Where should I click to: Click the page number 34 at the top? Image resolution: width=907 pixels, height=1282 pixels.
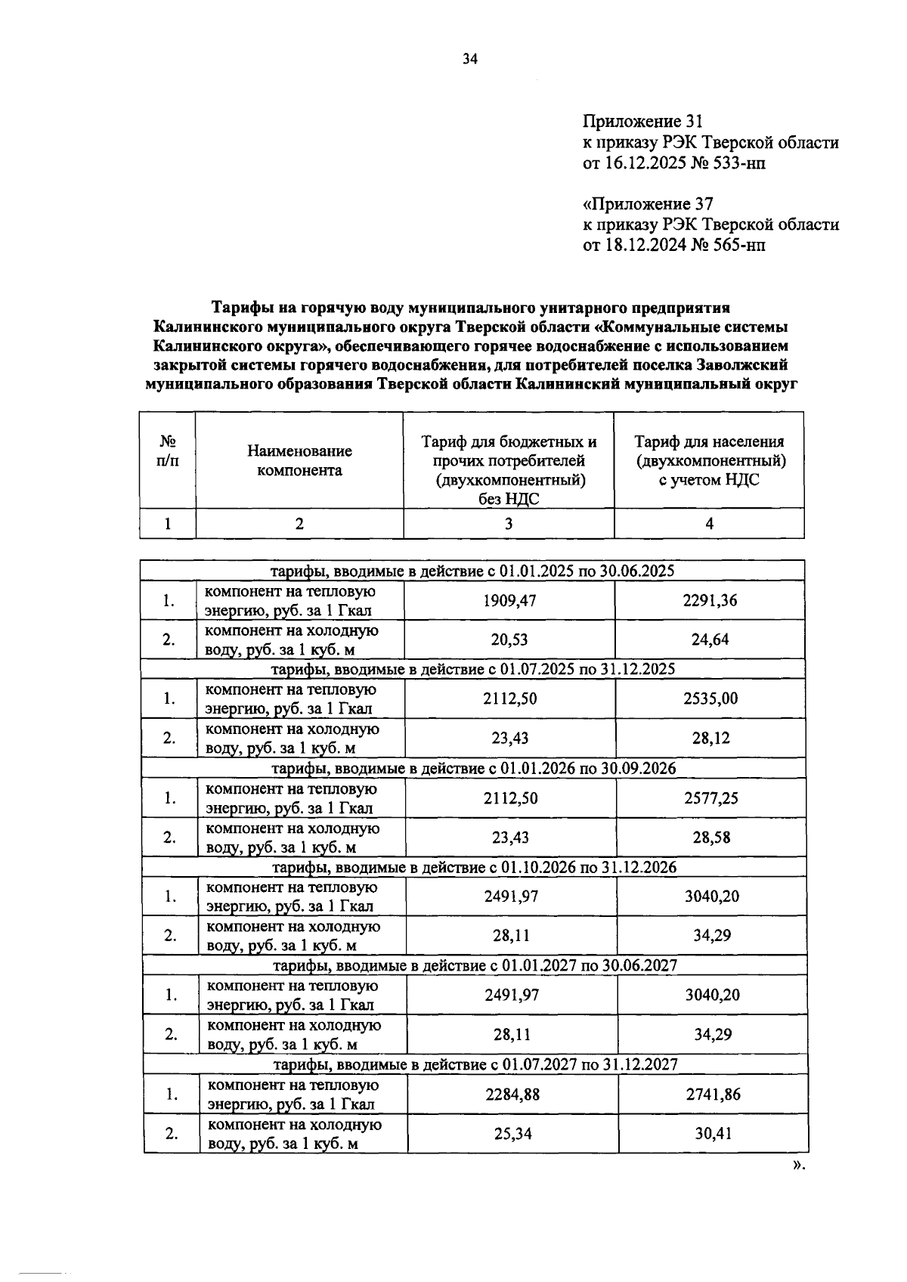point(470,60)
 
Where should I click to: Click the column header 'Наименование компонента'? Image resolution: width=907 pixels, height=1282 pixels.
point(299,460)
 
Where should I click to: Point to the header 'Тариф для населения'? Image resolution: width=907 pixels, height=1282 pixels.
point(708,441)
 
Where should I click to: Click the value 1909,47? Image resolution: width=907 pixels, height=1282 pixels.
point(509,601)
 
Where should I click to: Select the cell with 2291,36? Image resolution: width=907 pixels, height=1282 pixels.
point(710,601)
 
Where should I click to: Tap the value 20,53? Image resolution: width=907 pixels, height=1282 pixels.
point(509,639)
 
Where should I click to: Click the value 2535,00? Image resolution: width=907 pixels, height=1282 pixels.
point(710,698)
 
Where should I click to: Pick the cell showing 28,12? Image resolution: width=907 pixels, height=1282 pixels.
point(710,738)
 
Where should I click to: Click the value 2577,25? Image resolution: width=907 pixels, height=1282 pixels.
point(711,797)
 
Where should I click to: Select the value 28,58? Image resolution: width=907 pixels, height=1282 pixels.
point(711,837)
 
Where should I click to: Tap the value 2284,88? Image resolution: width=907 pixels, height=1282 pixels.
point(512,1094)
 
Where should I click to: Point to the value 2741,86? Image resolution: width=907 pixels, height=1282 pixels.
point(713,1094)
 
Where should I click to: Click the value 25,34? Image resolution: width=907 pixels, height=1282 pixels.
point(512,1133)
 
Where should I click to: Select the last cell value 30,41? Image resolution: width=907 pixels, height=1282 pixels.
point(713,1133)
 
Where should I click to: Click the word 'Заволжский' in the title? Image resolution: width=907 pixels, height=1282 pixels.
point(743,364)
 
